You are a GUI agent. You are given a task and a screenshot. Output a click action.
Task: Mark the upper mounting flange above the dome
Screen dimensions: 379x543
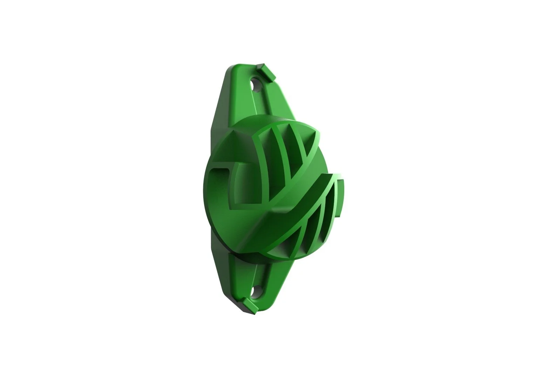[245, 98]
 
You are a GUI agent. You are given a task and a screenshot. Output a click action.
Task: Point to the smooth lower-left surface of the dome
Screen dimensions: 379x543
[228, 225]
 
